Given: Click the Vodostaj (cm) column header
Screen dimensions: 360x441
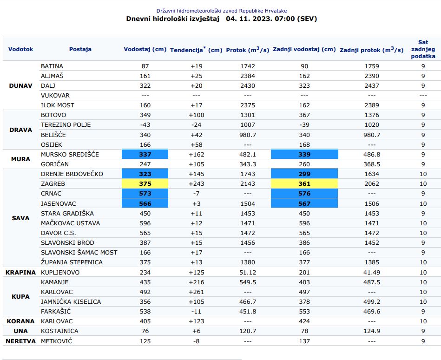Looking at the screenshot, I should click(x=145, y=49).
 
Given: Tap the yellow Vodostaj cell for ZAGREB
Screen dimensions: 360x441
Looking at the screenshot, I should click(x=145, y=183).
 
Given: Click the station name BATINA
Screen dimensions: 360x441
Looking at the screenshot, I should click(x=52, y=66).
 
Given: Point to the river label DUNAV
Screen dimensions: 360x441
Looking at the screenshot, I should click(x=21, y=85).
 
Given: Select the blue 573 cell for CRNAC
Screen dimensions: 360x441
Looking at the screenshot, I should click(x=145, y=193).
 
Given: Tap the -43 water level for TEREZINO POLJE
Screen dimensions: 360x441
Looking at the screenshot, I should click(x=145, y=124).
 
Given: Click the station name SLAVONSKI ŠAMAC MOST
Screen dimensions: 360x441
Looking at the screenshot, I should click(x=79, y=252).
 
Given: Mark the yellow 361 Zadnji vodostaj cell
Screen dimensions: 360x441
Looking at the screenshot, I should click(x=304, y=183).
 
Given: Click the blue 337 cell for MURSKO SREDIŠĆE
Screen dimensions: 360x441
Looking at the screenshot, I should click(x=145, y=154).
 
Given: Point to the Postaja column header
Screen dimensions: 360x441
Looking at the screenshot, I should click(x=80, y=49).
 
